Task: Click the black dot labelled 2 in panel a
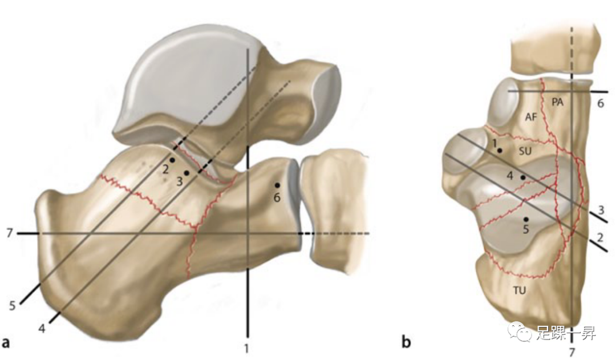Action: pos(172,160)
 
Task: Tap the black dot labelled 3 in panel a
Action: pos(187,172)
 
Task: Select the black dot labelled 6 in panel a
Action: pos(277,185)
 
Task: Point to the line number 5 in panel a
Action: pos(12,305)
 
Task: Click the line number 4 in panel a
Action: pos(42,328)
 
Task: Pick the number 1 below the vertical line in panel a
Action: pos(247,346)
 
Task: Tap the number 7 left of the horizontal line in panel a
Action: pos(8,233)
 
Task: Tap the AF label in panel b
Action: pos(531,118)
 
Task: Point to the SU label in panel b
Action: pos(525,152)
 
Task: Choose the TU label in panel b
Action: pos(519,290)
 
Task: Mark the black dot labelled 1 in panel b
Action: pos(500,151)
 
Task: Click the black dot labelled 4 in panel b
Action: pos(523,177)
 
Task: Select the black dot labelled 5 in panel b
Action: pos(526,219)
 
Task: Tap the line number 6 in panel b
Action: pos(600,103)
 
